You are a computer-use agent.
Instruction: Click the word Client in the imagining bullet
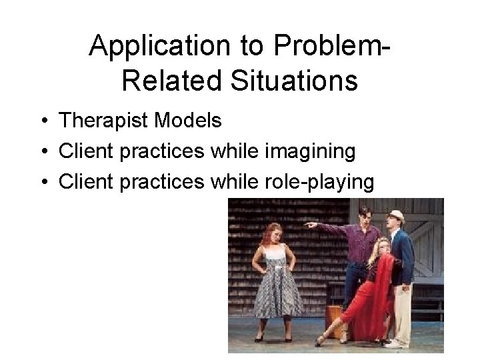83,152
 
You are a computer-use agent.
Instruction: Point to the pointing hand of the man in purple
309,226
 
